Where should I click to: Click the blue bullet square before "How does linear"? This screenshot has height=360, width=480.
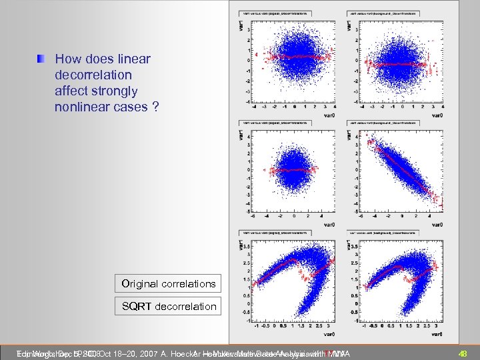coord(42,59)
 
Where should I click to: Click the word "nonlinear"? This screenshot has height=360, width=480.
coord(83,107)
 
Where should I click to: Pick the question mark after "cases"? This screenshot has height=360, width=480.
coord(155,107)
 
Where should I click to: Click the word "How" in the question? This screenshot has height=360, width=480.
coord(67,59)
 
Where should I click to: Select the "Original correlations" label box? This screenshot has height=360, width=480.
coord(168,283)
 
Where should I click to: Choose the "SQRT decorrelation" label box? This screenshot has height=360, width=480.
coord(168,306)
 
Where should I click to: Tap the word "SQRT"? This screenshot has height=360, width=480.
coord(136,306)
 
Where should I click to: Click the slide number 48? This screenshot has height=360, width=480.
coord(463,353)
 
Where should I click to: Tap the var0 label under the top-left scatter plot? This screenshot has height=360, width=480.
coord(326,115)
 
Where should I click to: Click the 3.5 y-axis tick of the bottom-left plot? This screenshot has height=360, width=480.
coord(246,247)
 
